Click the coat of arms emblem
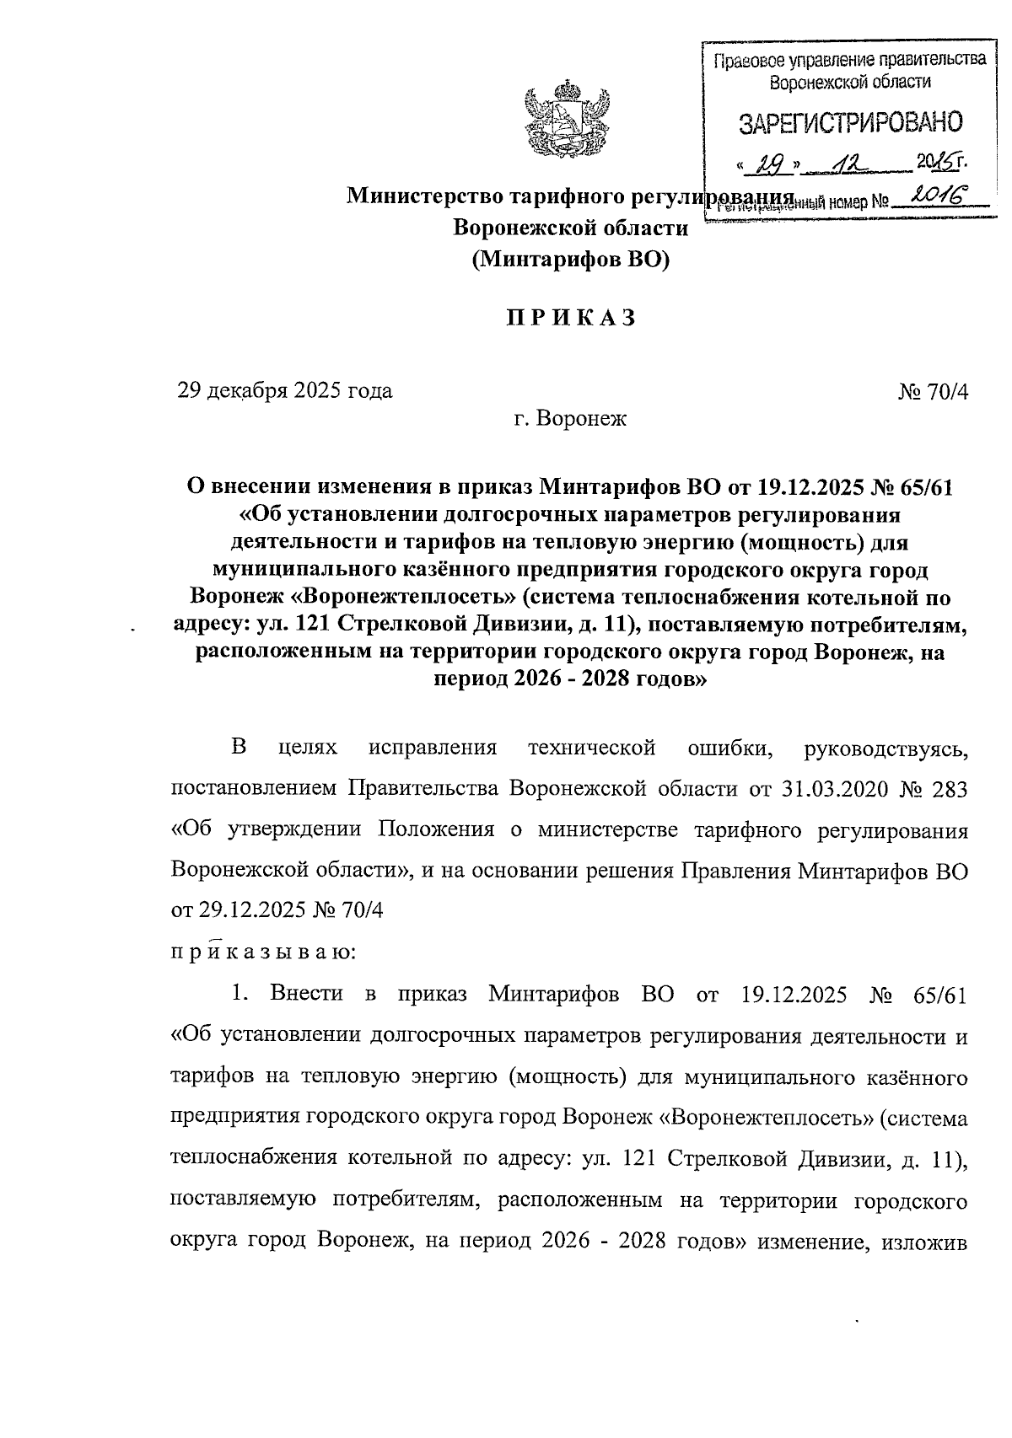[566, 119]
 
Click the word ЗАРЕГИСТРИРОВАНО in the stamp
[850, 125]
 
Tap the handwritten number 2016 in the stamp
[934, 199]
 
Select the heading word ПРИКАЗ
[569, 319]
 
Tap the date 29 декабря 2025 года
[284, 391]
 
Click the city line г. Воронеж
[570, 419]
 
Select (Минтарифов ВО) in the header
[569, 260]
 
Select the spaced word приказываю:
[264, 952]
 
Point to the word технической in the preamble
[591, 748]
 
